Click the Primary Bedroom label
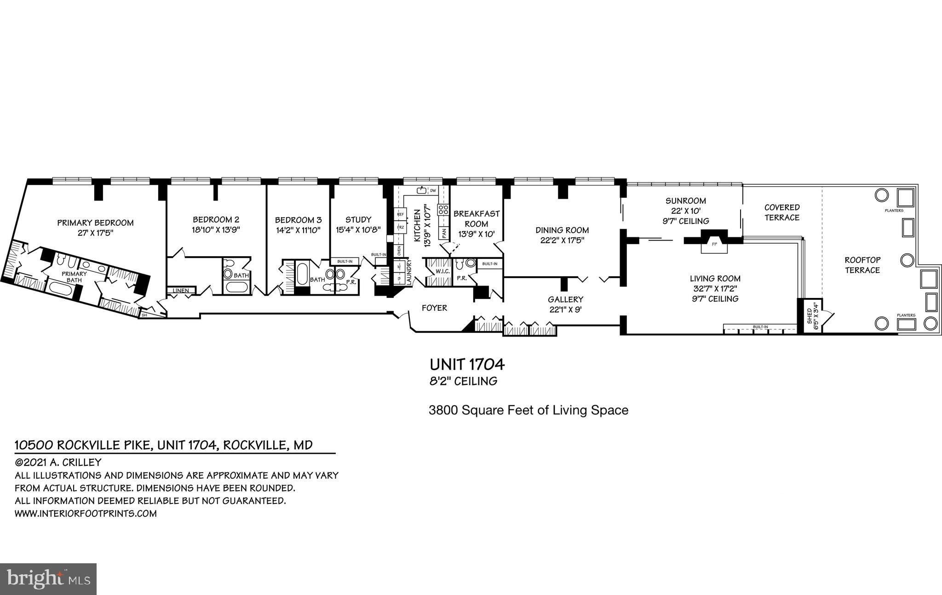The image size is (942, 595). pos(95,223)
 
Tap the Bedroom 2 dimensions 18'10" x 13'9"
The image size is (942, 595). pos(216,229)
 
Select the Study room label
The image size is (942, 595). pos(358,220)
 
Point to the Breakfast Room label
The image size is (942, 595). pos(476,219)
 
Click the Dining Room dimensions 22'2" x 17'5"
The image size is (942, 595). pos(562,240)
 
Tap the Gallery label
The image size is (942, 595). pos(565,299)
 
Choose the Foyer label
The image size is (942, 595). pos(434,308)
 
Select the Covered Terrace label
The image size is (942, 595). pos(782,212)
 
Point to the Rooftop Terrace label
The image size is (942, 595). pos(862,265)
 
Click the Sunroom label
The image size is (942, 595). pos(685,201)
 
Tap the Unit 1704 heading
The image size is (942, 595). pos(467,365)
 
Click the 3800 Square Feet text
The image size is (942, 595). pos(528,410)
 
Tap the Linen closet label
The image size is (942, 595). pos(181,291)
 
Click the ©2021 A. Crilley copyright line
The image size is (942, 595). pos(58,463)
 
